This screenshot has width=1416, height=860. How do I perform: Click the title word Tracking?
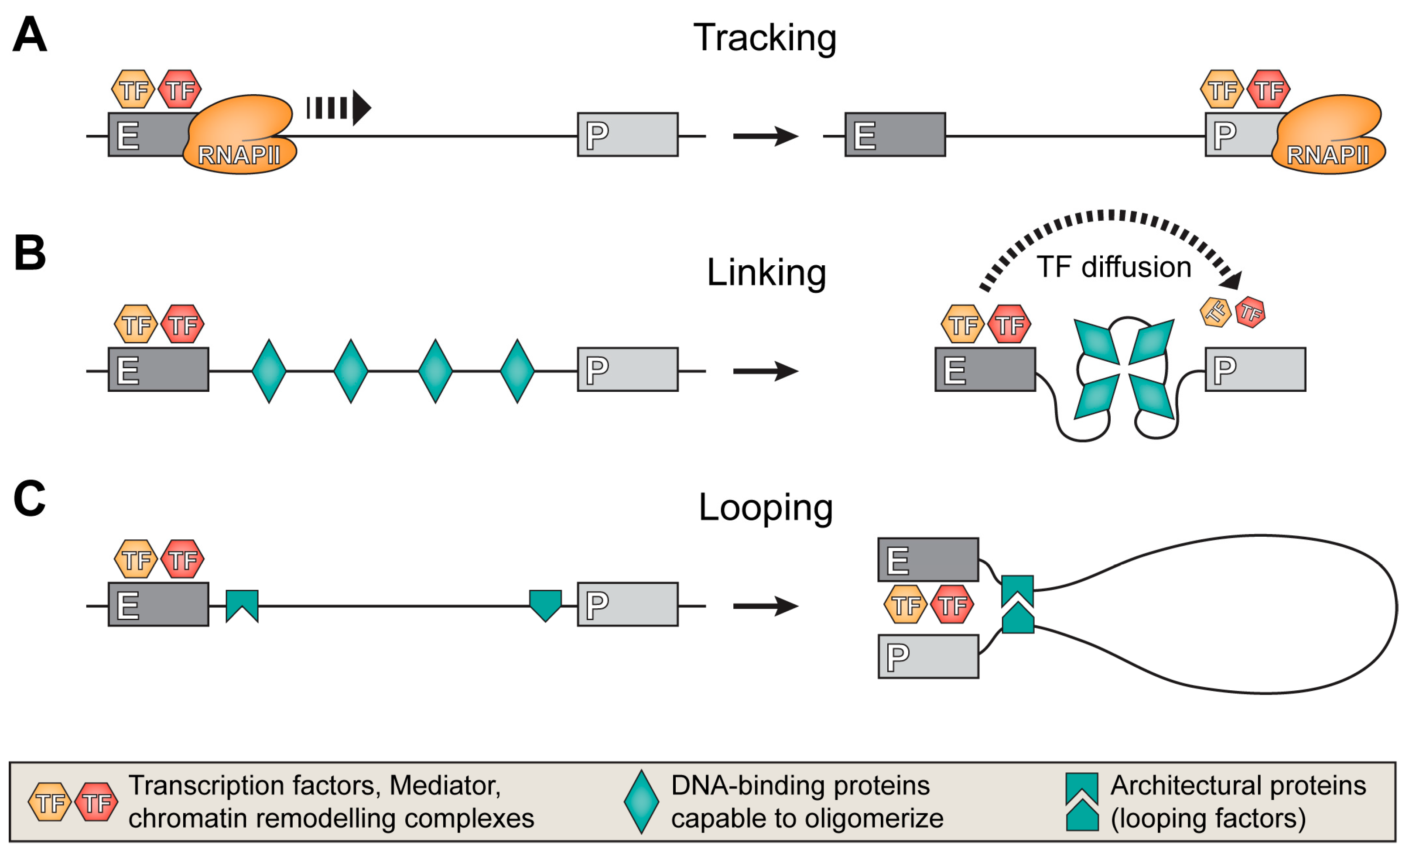(x=764, y=38)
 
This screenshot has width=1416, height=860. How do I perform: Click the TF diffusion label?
(x=1113, y=267)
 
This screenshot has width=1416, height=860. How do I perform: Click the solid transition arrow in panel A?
(x=765, y=136)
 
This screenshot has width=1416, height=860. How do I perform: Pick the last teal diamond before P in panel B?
(x=516, y=371)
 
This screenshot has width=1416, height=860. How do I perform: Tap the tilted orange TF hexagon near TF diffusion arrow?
(x=1215, y=312)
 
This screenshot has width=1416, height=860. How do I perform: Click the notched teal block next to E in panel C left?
(x=242, y=604)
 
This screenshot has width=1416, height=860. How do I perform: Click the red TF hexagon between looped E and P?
(x=952, y=605)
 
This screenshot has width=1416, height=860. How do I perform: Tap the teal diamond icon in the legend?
(x=641, y=802)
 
